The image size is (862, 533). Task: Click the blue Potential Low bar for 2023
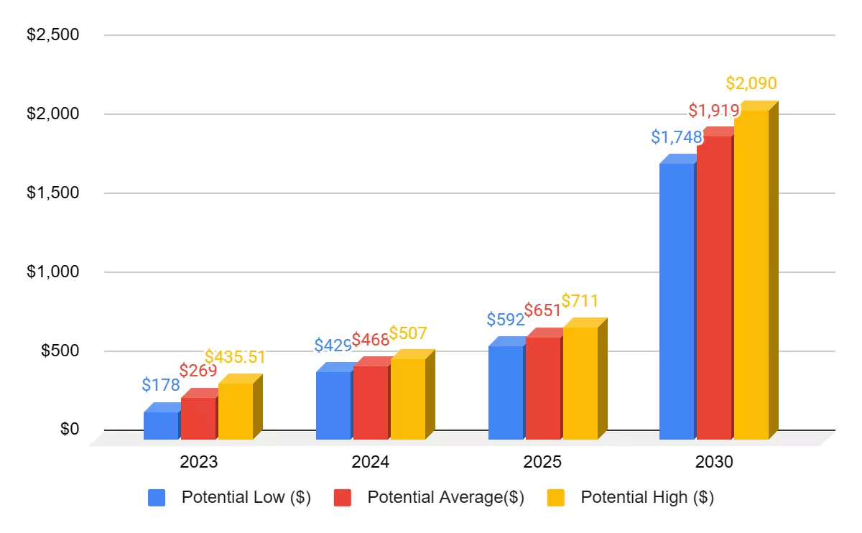(x=161, y=425)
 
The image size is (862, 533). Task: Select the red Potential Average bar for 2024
(x=371, y=402)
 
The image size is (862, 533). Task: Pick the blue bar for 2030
(x=677, y=301)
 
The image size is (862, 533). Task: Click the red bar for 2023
(x=198, y=418)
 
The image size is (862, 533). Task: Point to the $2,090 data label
(x=751, y=83)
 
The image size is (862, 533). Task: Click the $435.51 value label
(x=235, y=357)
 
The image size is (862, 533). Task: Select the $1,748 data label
(x=677, y=136)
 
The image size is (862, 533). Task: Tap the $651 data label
(x=542, y=311)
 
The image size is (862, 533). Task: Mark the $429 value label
(x=333, y=345)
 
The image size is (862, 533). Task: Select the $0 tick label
(x=69, y=430)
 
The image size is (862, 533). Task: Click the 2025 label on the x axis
(x=543, y=462)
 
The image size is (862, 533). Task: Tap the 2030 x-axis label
(x=714, y=462)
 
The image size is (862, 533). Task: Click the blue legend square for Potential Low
(x=157, y=498)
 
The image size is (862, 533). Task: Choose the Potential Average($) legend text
(x=445, y=497)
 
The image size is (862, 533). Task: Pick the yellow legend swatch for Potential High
(x=555, y=498)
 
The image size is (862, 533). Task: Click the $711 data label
(x=580, y=301)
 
